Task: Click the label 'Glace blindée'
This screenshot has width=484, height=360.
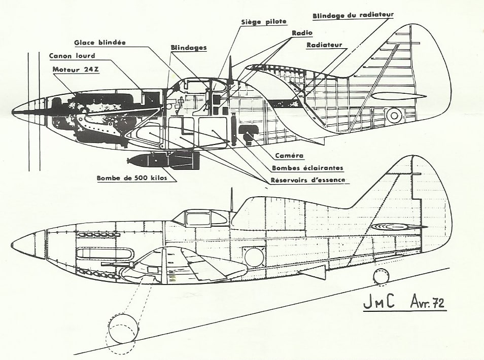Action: (100, 43)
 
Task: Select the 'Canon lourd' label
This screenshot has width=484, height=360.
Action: (72, 56)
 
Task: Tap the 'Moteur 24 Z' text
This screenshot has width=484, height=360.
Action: (76, 69)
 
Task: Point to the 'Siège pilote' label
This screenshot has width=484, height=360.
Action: (264, 22)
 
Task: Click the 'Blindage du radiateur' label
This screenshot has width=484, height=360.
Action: (353, 15)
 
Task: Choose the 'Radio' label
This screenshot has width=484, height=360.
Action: (302, 32)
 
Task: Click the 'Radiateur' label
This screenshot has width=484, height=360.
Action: (324, 45)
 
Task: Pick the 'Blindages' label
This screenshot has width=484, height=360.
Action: (189, 48)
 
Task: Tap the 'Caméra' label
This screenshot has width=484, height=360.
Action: (289, 156)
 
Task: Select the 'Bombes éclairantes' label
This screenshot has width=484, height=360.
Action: (307, 168)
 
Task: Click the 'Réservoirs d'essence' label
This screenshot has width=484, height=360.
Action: (308, 180)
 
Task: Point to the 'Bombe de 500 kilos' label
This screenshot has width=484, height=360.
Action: (132, 178)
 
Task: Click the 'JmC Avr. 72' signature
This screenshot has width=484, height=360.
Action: (404, 303)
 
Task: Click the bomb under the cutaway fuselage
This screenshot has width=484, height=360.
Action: (163, 160)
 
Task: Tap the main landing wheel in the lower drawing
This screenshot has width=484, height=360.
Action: (123, 329)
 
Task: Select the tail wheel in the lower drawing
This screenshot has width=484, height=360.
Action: (382, 276)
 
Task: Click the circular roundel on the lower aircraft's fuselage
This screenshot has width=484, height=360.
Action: (255, 257)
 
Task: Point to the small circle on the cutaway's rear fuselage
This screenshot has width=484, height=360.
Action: (394, 116)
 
